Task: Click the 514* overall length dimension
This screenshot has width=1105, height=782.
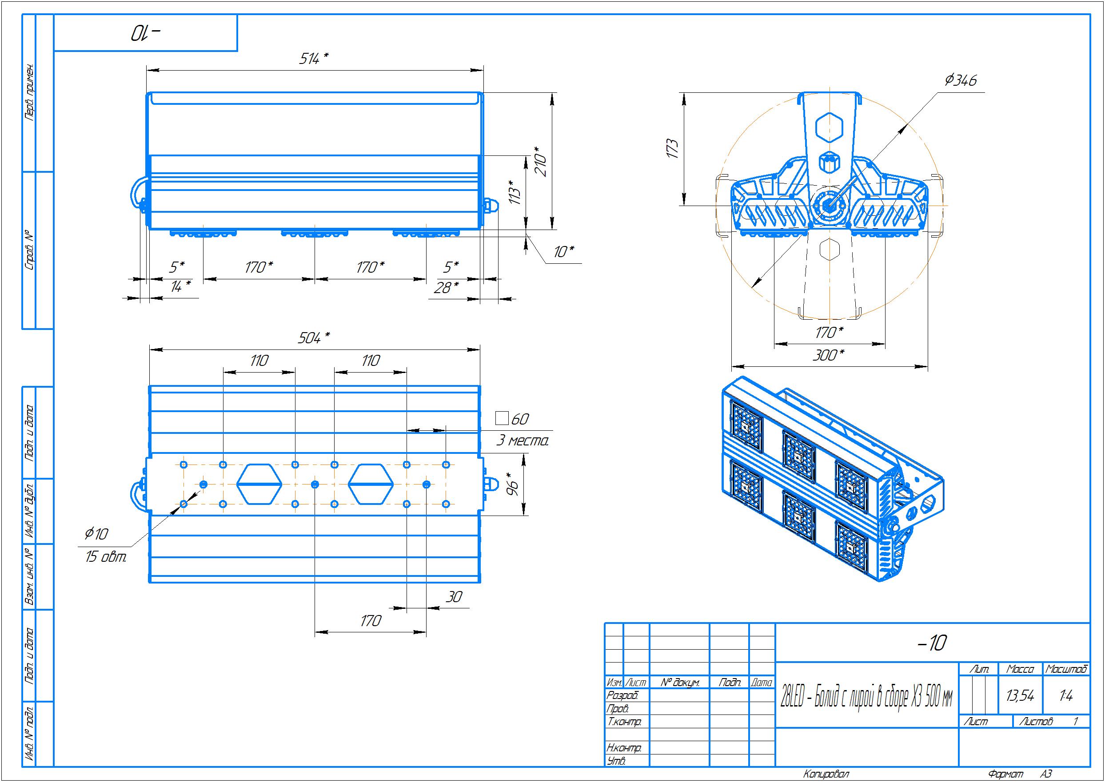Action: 314,59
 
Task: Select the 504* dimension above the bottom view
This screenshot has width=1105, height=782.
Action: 314,338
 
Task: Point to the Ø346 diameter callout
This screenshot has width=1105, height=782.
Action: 961,80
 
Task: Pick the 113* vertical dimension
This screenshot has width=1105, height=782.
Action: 515,192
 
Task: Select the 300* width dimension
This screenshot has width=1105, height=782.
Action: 829,355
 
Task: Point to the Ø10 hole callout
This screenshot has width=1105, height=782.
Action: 96,533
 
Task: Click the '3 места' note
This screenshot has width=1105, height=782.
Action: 522,441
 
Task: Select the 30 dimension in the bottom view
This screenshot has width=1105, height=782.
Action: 453,597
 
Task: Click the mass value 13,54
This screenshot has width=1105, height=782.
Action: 1020,695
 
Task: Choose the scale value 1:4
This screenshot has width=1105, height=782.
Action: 1066,695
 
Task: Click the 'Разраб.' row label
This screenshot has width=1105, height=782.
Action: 622,695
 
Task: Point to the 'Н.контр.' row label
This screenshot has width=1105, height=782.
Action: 624,748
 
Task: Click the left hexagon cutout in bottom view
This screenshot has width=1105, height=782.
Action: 259,484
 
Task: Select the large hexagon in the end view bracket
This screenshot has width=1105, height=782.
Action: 829,127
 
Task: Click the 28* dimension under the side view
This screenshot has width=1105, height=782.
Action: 446,288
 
